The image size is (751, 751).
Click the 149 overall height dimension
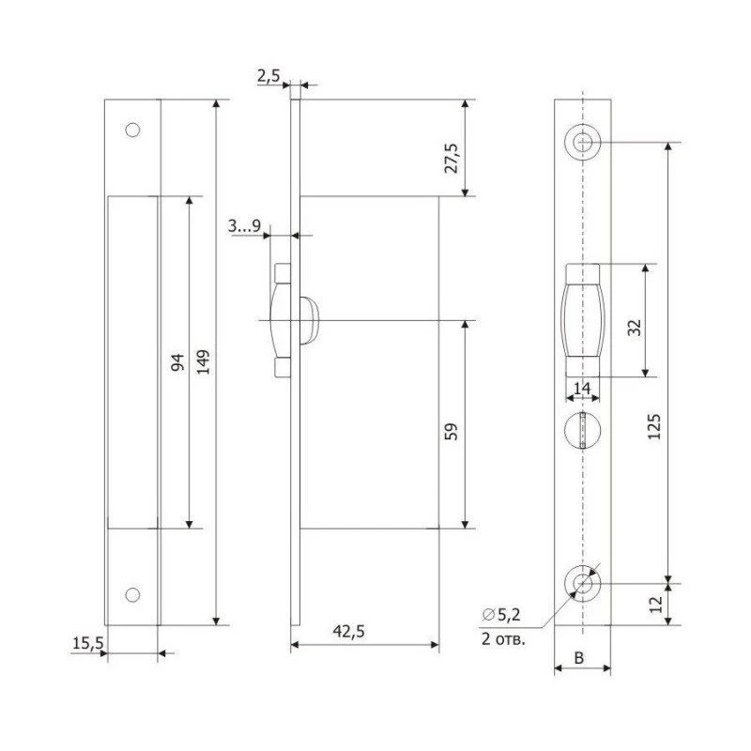204,362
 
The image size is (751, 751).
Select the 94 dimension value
177,362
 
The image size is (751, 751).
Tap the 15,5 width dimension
87,643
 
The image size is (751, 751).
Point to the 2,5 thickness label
268,76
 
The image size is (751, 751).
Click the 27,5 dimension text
452,158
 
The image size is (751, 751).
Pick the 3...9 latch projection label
244,225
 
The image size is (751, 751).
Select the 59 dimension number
452,432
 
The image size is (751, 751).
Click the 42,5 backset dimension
348,632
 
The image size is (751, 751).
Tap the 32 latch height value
634,328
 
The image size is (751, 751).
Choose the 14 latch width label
582,388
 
